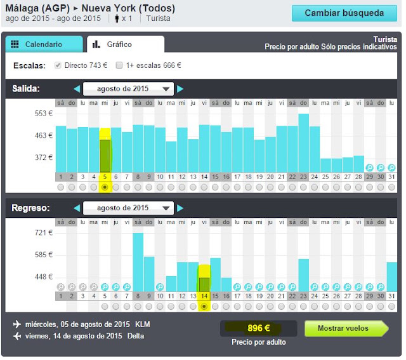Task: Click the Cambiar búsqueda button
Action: point(344,13)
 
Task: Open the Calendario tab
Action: point(44,44)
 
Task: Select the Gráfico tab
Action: point(126,44)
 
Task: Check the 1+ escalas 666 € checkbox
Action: point(119,65)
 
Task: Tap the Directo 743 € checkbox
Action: point(58,65)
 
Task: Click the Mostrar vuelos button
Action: point(346,328)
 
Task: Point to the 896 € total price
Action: point(259,328)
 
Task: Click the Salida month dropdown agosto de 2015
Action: point(128,89)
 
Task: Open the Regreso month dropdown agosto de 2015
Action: point(128,208)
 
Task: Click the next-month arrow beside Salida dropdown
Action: point(180,89)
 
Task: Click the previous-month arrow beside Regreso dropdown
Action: point(77,208)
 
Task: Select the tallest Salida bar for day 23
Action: point(303,143)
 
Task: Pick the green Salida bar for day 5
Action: point(105,156)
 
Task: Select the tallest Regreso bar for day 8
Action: point(138,262)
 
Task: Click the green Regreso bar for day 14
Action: point(204,285)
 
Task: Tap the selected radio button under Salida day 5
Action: point(105,187)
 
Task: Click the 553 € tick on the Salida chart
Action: point(44,114)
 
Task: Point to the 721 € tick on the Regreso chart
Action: point(44,233)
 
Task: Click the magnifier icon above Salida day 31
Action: point(391,168)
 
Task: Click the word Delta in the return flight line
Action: point(136,336)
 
